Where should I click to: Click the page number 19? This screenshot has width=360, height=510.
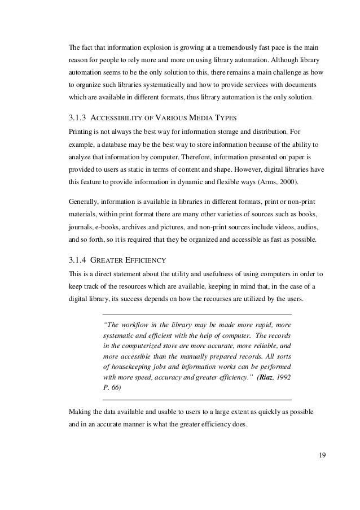point(322,456)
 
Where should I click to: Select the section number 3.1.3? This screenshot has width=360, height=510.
point(76,118)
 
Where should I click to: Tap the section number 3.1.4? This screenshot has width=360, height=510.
point(76,261)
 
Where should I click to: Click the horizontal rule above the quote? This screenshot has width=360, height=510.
point(197,313)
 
